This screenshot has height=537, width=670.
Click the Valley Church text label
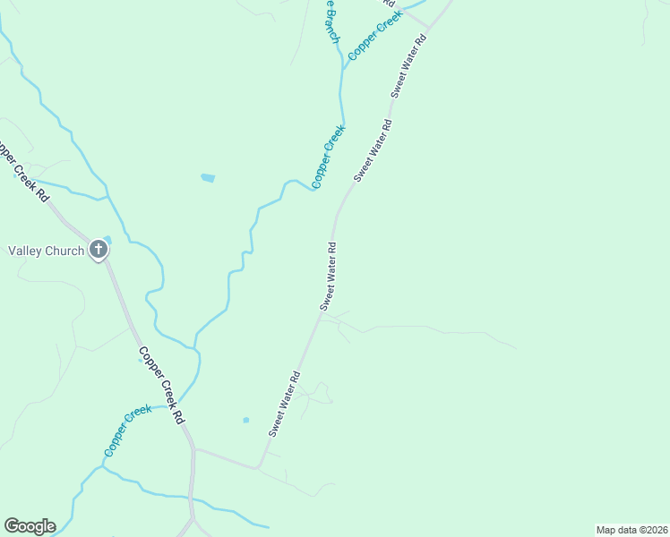(46, 251)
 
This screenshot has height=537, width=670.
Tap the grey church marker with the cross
(99, 251)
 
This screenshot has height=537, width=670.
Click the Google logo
(30, 526)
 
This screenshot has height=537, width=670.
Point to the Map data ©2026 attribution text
(631, 529)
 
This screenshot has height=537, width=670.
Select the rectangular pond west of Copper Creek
(208, 178)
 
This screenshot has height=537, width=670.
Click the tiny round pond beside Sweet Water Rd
(245, 420)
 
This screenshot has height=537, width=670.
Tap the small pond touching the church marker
(107, 239)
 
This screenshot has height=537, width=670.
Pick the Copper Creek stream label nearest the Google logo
(128, 430)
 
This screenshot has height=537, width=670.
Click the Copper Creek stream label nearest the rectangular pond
(328, 157)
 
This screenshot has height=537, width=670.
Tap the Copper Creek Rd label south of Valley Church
(162, 385)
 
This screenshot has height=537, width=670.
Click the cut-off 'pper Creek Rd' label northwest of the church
(23, 170)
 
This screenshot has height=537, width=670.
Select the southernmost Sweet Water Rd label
(283, 404)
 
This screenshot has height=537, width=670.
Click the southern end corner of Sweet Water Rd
(258, 467)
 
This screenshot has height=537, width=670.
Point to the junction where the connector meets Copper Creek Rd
(193, 448)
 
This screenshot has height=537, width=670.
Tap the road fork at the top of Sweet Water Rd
(428, 27)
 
